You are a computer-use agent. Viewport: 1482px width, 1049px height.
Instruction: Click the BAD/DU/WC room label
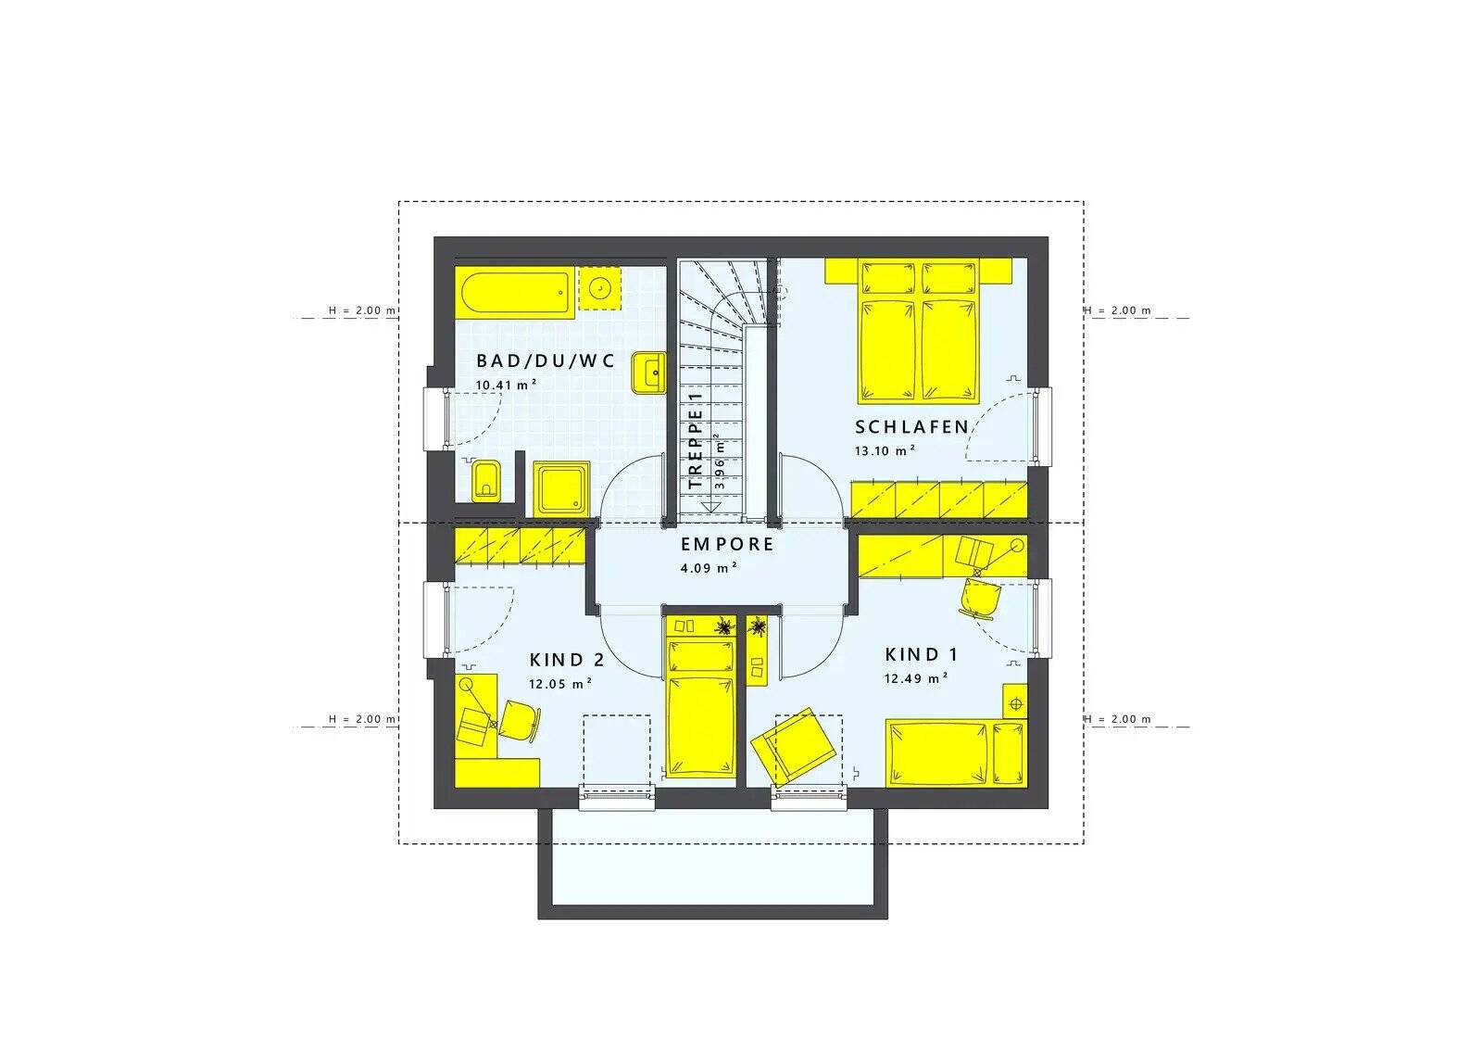coord(545,361)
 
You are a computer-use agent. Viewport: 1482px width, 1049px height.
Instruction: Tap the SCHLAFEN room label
coord(911,427)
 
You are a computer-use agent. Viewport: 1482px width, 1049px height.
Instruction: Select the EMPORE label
coord(727,544)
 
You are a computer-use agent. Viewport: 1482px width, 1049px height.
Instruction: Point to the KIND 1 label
coord(922,655)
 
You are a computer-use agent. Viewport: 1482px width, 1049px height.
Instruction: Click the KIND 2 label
coord(567,660)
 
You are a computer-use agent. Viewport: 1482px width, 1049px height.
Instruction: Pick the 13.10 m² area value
coord(885,450)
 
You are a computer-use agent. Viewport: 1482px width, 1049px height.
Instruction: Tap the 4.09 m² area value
coord(709,568)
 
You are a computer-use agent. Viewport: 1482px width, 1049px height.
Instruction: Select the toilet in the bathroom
coord(486,479)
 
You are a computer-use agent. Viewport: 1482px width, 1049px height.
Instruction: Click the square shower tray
coord(561,488)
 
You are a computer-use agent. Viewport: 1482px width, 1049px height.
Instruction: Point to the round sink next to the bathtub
coord(601,288)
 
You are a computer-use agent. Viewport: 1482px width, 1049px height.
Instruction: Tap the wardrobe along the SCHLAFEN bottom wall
coord(938,499)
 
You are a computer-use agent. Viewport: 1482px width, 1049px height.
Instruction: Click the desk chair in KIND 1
coord(981,599)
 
